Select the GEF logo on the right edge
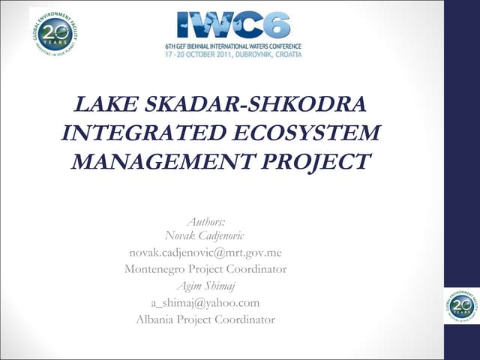[460, 305]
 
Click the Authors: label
[205, 222]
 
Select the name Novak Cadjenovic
[205, 236]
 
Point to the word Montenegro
[157, 269]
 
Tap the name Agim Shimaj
[205, 286]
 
